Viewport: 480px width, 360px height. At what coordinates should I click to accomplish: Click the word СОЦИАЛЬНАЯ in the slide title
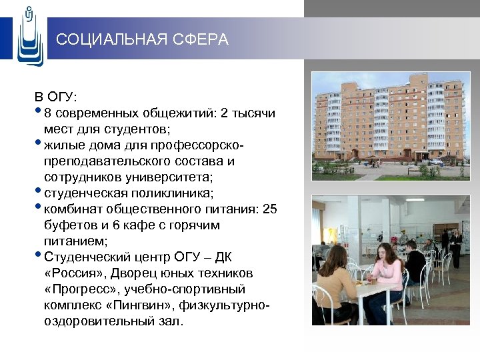pos(106,40)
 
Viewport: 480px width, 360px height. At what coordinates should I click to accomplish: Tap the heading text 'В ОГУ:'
pos(57,97)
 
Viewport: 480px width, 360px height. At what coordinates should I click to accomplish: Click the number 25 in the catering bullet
pos(269,209)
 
